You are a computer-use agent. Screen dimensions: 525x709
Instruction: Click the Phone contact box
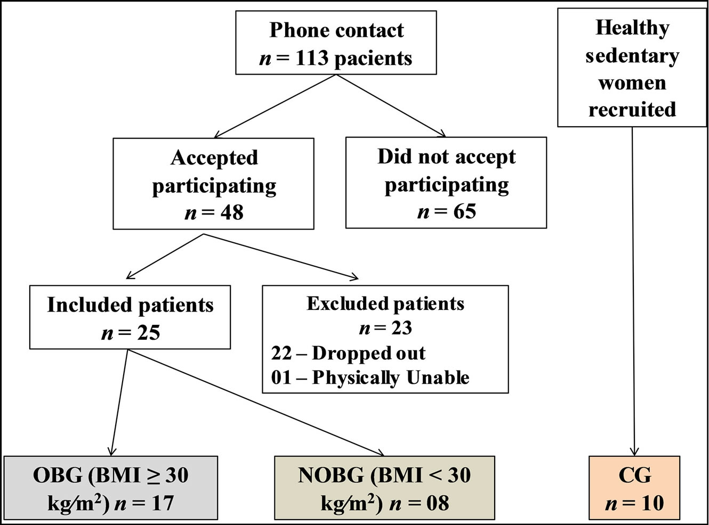pyautogui.click(x=336, y=43)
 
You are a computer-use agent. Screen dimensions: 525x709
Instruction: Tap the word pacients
pyautogui.click(x=373, y=58)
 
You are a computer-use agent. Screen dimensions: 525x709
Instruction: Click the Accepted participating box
pyautogui.click(x=213, y=184)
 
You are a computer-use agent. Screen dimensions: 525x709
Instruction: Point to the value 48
pyautogui.click(x=231, y=213)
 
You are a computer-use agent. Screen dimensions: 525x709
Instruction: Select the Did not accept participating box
pyautogui.click(x=446, y=183)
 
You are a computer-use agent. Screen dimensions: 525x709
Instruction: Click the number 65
pyautogui.click(x=464, y=212)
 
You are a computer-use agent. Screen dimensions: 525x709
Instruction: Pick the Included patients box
pyautogui.click(x=130, y=317)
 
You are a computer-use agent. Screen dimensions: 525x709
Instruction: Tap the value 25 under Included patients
pyautogui.click(x=148, y=333)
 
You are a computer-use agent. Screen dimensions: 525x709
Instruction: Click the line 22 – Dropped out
pyautogui.click(x=348, y=353)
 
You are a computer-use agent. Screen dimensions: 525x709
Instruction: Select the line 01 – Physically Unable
pyautogui.click(x=370, y=378)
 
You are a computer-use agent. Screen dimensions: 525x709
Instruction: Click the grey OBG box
pyautogui.click(x=111, y=488)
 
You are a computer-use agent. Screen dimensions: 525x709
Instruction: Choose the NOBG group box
pyautogui.click(x=384, y=488)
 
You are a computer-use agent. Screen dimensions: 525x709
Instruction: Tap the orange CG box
pyautogui.click(x=634, y=488)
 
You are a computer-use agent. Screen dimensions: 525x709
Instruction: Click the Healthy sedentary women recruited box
pyautogui.click(x=632, y=68)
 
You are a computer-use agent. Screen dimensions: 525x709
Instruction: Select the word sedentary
pyautogui.click(x=632, y=55)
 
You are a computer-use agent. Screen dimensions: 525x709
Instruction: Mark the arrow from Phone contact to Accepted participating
pyautogui.click(x=275, y=106)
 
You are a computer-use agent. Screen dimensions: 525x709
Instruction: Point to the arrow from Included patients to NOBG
pyautogui.click(x=256, y=403)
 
